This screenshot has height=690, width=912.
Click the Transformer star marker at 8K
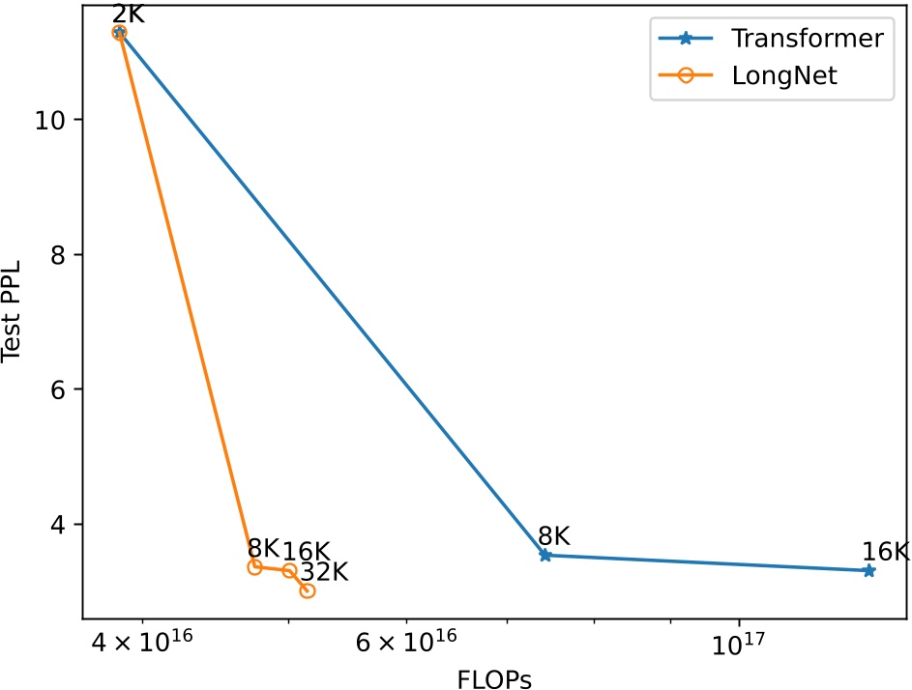(x=545, y=555)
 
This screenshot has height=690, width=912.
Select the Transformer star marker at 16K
(x=868, y=570)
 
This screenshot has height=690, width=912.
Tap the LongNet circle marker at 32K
(x=308, y=589)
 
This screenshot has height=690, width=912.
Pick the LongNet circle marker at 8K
(x=255, y=566)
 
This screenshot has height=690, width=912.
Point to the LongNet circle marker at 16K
(x=289, y=570)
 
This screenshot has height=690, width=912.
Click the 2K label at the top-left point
(x=129, y=14)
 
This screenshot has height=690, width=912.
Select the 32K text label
(x=324, y=571)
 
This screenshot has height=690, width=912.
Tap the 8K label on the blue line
(x=554, y=535)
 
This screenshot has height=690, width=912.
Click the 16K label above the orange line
(x=307, y=551)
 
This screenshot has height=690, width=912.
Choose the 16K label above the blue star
(x=886, y=551)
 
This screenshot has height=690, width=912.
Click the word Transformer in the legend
(x=808, y=39)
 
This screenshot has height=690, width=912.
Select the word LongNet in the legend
(x=784, y=76)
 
